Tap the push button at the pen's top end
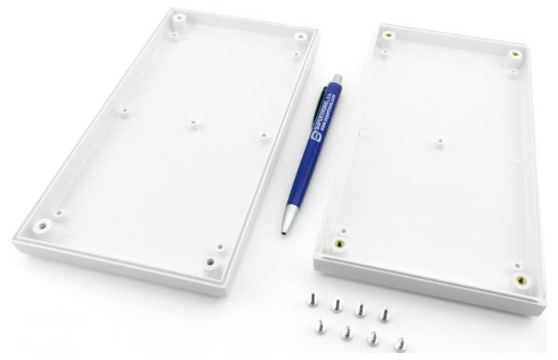pos(337,78)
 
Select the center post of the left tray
pos(192,124)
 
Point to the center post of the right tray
pos(439,143)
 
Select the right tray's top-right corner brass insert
pos(514,54)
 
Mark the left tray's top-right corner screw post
pos(300,36)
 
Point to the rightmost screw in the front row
pos(400,342)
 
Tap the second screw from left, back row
pos(337,303)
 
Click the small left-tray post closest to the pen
pos(264,137)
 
